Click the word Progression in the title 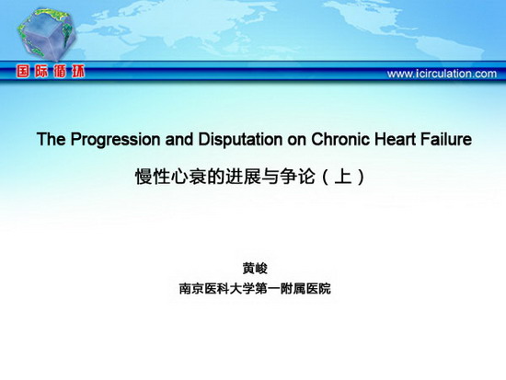click(115, 140)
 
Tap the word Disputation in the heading click(240, 139)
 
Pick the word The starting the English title click(52, 139)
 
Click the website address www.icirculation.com click(442, 74)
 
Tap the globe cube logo click(47, 35)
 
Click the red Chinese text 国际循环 click(51, 72)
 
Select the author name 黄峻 click(255, 269)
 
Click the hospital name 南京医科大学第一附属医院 click(255, 288)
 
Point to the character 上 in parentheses click(343, 177)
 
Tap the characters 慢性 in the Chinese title click(153, 177)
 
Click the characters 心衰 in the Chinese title click(189, 177)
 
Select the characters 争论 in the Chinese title click(297, 177)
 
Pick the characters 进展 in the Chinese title click(243, 177)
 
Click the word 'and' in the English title click(179, 139)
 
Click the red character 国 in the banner click(23, 72)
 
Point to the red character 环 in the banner click(78, 72)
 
